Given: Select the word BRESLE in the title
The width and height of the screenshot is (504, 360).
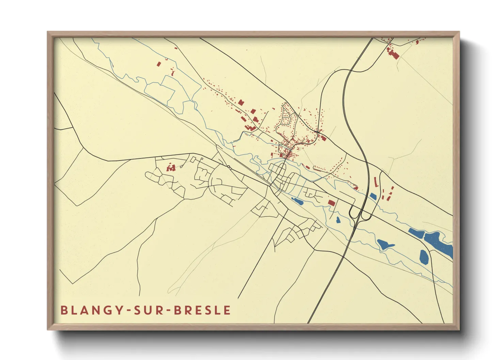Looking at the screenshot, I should (202, 310).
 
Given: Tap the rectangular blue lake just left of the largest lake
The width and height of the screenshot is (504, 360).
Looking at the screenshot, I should (416, 233).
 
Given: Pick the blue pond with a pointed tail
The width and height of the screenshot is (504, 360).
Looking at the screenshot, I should (384, 244).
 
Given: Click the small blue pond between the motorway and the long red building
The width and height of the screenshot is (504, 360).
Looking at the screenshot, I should (373, 196).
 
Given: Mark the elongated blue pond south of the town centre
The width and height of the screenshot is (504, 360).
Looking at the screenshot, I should (297, 201).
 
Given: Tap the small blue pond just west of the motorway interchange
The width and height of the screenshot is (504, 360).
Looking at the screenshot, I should (338, 220).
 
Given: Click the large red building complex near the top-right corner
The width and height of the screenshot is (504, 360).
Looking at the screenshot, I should (393, 54).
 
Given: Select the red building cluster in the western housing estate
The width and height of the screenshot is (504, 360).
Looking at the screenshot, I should (171, 167).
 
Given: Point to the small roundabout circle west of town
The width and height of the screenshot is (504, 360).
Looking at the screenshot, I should (229, 167).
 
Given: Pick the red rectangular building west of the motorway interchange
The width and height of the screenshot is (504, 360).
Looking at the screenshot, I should (331, 203).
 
